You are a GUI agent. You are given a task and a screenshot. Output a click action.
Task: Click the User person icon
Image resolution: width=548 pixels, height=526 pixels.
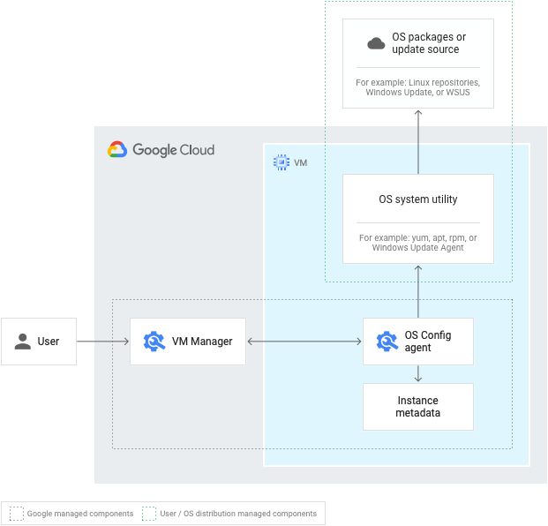click(23, 342)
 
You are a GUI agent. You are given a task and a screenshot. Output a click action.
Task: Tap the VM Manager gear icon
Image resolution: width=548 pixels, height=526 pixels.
click(154, 342)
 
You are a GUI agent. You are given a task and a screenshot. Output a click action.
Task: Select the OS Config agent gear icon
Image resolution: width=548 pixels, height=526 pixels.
click(387, 342)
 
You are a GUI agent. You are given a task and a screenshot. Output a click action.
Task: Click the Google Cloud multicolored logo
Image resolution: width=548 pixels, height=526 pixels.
click(117, 149)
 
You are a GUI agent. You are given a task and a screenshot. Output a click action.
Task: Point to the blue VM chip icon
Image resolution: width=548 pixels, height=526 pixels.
click(282, 162)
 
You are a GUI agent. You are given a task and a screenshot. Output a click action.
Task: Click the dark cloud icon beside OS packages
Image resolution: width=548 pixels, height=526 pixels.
click(376, 43)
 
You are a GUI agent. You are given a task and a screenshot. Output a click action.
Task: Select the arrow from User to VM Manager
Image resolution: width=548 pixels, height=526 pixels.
click(103, 342)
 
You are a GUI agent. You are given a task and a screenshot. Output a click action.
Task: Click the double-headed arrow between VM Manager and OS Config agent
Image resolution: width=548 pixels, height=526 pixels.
click(304, 342)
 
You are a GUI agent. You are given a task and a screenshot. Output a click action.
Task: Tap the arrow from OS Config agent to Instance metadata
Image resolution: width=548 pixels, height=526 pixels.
click(418, 373)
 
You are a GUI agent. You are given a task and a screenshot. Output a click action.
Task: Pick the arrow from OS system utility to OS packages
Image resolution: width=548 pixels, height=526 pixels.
click(418, 142)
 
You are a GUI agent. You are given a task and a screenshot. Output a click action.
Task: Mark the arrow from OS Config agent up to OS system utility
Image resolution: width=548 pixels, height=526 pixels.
click(418, 291)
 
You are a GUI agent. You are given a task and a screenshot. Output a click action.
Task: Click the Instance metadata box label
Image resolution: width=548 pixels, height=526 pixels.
click(418, 407)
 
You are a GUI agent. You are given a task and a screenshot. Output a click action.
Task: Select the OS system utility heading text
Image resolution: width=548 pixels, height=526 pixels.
click(418, 199)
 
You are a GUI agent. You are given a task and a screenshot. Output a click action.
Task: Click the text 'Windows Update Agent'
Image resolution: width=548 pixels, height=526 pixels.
click(417, 248)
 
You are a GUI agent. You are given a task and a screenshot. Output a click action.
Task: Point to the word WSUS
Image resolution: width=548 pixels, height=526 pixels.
click(458, 93)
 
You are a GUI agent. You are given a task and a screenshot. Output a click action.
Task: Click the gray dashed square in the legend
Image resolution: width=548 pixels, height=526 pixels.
click(17, 514)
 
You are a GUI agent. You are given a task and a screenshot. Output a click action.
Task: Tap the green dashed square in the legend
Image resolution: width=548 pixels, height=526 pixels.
click(149, 514)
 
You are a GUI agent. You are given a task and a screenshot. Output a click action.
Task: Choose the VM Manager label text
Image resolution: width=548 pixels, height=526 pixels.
click(202, 342)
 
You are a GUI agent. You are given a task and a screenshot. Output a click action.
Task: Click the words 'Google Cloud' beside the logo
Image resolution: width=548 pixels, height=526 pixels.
click(173, 150)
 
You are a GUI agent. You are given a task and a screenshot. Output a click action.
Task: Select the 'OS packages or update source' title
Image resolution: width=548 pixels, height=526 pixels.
click(429, 43)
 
